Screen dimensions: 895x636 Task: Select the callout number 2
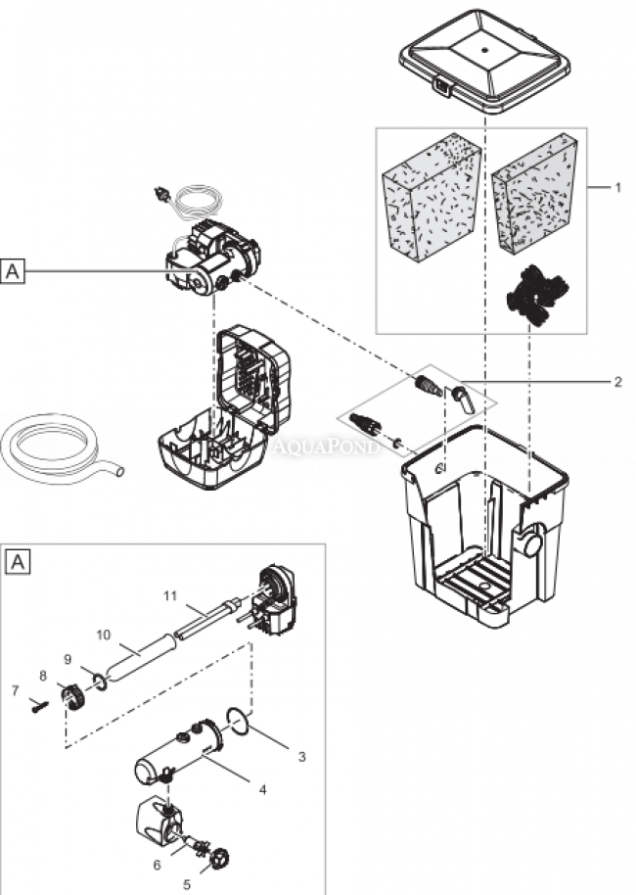coord(616,382)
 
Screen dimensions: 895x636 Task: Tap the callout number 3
coord(301,756)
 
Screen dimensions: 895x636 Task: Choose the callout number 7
coord(15,690)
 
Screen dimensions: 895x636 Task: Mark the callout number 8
coord(43,676)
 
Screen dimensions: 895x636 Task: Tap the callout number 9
coord(68,658)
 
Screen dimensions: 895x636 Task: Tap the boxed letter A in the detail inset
coord(19,562)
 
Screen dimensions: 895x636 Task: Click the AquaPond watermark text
coord(310,447)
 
